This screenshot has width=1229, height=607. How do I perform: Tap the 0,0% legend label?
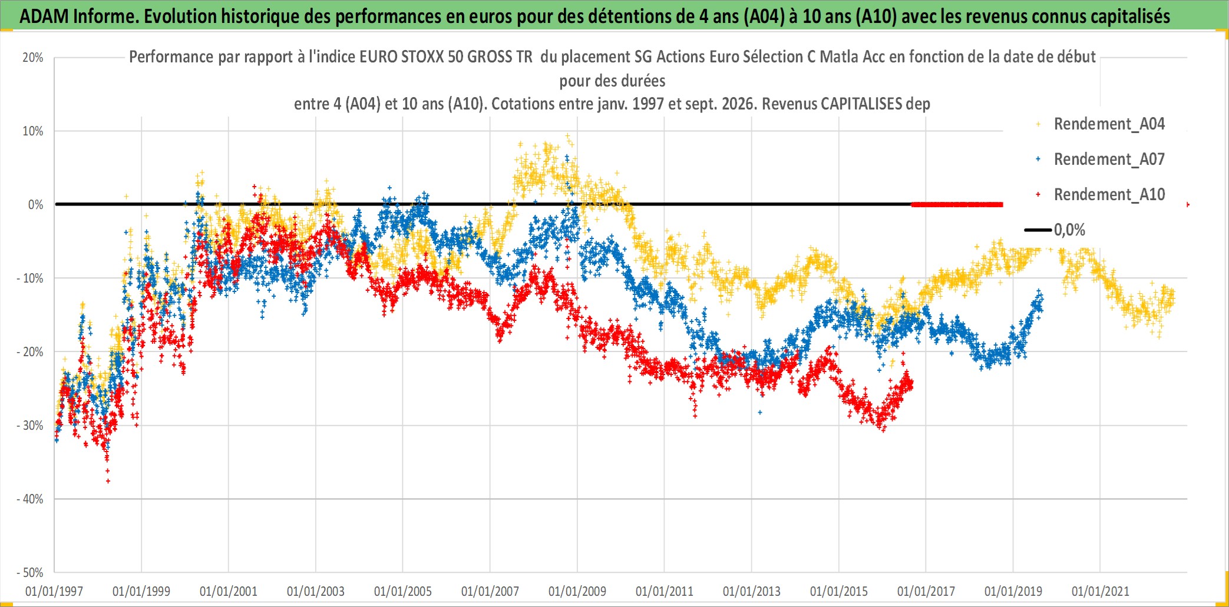click(1069, 230)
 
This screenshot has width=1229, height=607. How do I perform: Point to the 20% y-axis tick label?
click(33, 58)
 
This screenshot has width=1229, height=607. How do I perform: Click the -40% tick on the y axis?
click(30, 499)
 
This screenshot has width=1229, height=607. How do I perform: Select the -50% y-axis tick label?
click(30, 573)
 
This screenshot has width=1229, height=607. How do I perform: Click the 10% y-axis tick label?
click(33, 131)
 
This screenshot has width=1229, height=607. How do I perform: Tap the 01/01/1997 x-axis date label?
click(54, 591)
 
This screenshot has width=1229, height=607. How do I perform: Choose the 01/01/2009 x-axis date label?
click(577, 591)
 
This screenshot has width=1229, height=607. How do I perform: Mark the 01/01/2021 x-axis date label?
click(1101, 591)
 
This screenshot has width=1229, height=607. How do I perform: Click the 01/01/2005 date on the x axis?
click(403, 591)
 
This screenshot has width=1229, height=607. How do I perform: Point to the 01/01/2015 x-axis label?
click(839, 591)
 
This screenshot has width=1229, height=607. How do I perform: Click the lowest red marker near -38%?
click(108, 481)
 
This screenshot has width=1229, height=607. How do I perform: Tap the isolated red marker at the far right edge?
click(1188, 204)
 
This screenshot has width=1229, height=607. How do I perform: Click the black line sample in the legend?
click(1038, 230)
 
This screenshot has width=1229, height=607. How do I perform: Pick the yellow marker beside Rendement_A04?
click(1038, 124)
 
